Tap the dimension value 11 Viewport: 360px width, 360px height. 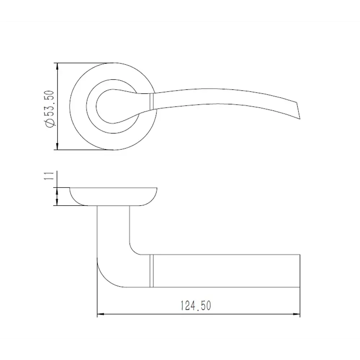coord(50,176)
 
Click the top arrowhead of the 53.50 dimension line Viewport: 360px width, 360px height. coord(57,66)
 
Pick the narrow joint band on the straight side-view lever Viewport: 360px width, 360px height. coord(152,271)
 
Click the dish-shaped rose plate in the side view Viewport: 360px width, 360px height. coord(113,196)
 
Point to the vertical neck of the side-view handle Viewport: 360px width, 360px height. coord(113,230)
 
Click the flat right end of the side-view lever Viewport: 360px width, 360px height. coord(300,271)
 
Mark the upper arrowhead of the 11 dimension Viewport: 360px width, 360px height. coord(57,190)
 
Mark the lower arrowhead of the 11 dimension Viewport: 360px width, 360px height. coord(57,203)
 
